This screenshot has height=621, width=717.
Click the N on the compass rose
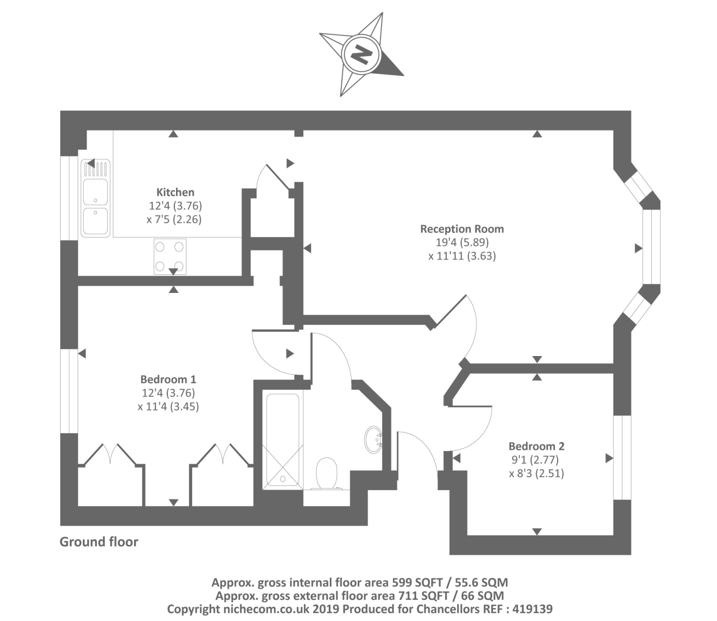(x=361, y=54)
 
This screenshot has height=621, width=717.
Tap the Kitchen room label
(x=175, y=193)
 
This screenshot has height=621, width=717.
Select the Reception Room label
(x=462, y=229)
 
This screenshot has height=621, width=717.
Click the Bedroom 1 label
(x=168, y=379)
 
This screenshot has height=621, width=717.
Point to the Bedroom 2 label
(x=536, y=446)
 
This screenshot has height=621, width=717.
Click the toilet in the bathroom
(x=327, y=472)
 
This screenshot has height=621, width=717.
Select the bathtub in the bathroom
(x=282, y=440)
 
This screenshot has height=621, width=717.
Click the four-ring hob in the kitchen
(x=170, y=256)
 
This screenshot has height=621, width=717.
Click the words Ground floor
(x=99, y=542)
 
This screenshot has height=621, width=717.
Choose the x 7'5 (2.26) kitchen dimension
(x=174, y=219)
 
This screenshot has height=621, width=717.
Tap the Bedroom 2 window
(x=622, y=457)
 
